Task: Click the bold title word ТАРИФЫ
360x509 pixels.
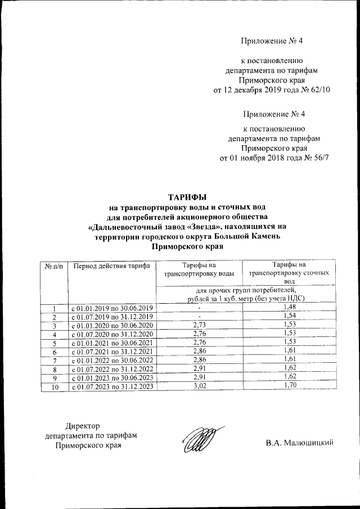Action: (x=188, y=197)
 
